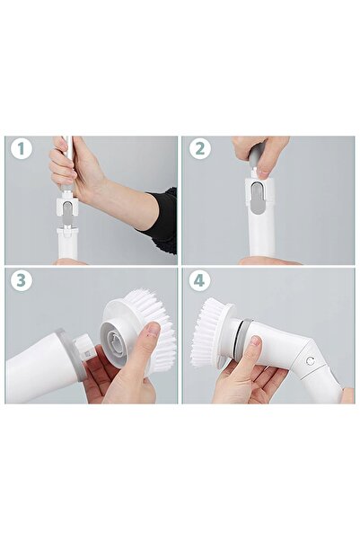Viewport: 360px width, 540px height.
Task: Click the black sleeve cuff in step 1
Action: coord(162,221)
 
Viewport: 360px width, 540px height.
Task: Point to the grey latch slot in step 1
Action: coord(66,209)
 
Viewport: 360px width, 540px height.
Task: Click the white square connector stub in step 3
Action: coord(79,345)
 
